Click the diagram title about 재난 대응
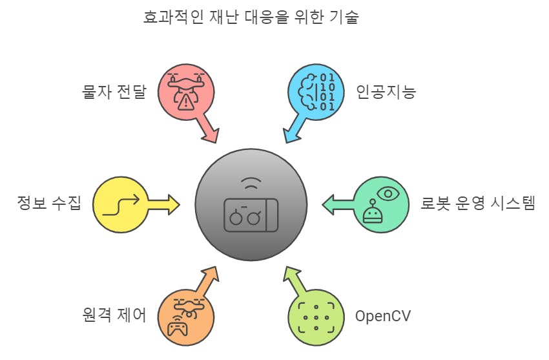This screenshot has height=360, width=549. (251, 17)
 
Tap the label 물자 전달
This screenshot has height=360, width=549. (114, 92)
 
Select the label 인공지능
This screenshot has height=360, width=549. (386, 92)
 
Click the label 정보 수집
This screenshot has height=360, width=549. (49, 205)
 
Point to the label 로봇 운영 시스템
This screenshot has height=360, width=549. (478, 205)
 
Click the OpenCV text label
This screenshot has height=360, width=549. (383, 317)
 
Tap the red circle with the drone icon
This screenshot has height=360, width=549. (187, 92)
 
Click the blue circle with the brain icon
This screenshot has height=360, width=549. (316, 92)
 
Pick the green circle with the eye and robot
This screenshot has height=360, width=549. (381, 205)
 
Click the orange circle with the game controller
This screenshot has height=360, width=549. (186, 317)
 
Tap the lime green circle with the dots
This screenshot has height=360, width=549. (316, 317)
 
